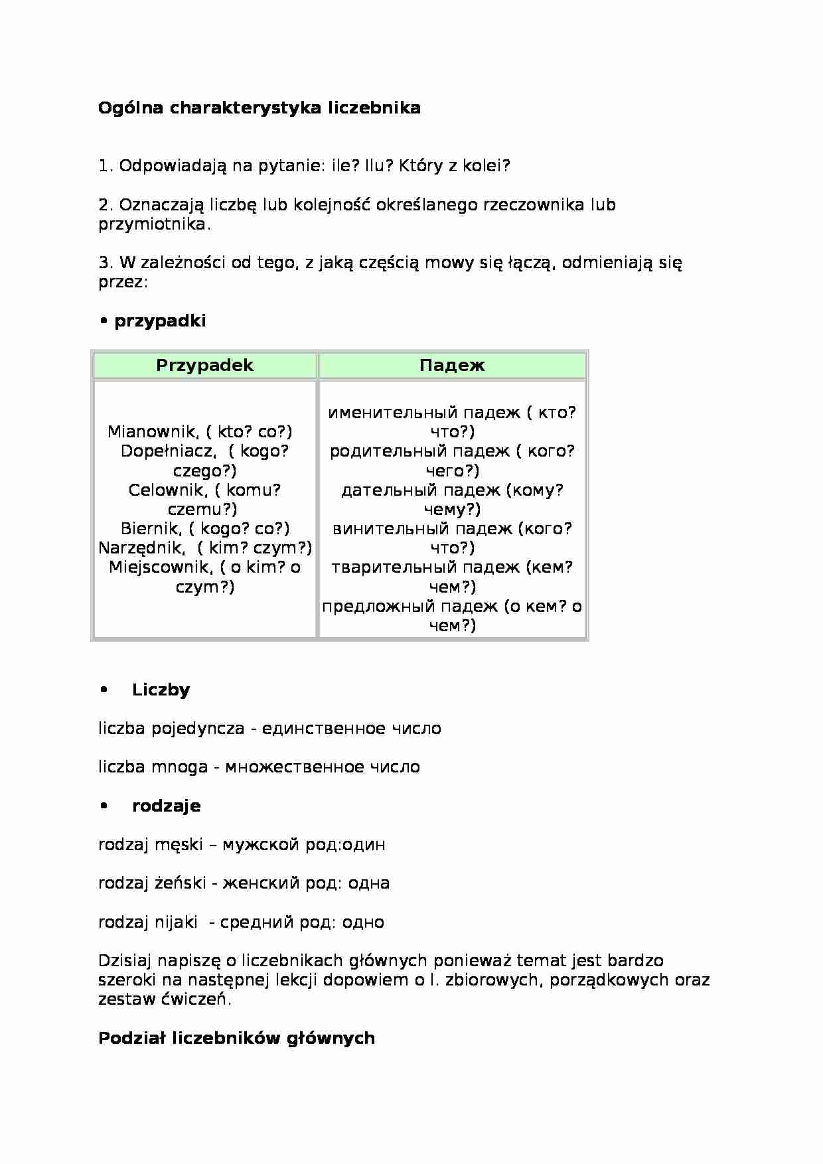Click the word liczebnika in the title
tap(374, 108)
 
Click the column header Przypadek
tap(204, 366)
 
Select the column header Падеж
tap(452, 366)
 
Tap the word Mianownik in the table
tap(152, 432)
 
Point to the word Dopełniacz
tap(167, 451)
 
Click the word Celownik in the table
tap(166, 490)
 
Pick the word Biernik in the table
tap(151, 529)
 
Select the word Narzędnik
tap(141, 548)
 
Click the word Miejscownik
tap(160, 567)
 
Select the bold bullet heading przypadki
tap(160, 321)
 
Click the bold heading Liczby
tap(161, 690)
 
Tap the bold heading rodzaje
tap(166, 806)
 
